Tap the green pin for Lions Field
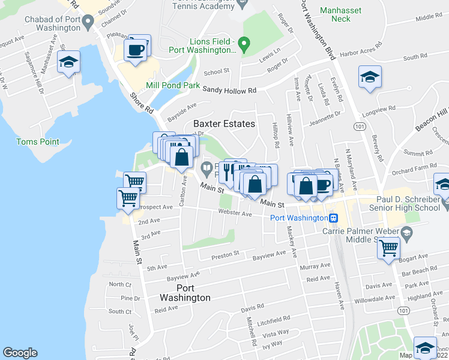click(x=243, y=44)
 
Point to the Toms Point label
click(x=37, y=142)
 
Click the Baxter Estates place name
click(x=224, y=124)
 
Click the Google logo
click(x=20, y=352)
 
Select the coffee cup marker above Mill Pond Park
click(x=137, y=49)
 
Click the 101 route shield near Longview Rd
click(x=359, y=127)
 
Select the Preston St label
click(x=225, y=254)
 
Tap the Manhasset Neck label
click(x=336, y=14)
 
